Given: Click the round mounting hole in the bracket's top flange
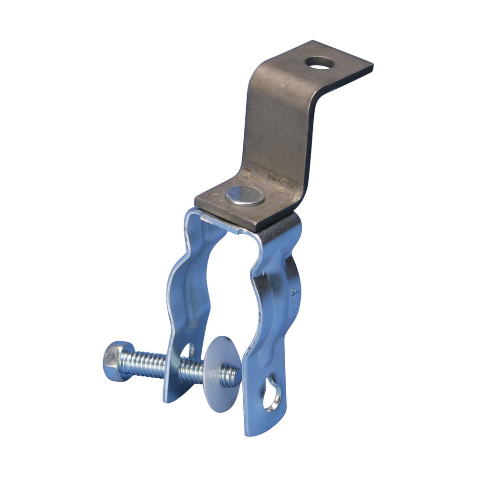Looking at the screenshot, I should [320, 62].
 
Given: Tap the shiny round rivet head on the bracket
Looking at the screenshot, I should [245, 196].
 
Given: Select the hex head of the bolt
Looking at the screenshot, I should [114, 361].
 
